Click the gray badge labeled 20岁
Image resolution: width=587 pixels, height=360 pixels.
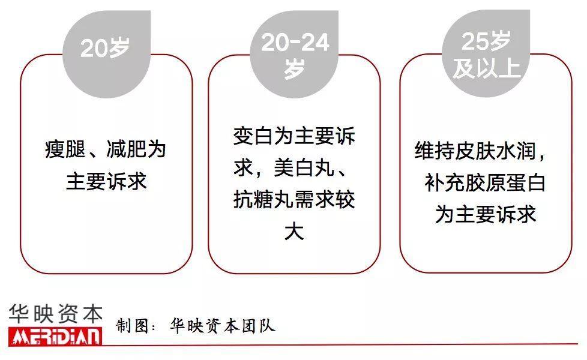click(106, 54)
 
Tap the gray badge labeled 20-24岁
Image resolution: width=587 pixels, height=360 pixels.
click(294, 54)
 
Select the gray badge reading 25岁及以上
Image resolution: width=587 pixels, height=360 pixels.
click(486, 53)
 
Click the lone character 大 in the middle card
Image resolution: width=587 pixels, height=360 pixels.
click(294, 230)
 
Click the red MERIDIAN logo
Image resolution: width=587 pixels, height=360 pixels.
click(55, 337)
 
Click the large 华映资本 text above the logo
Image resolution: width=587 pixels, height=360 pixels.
click(55, 314)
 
